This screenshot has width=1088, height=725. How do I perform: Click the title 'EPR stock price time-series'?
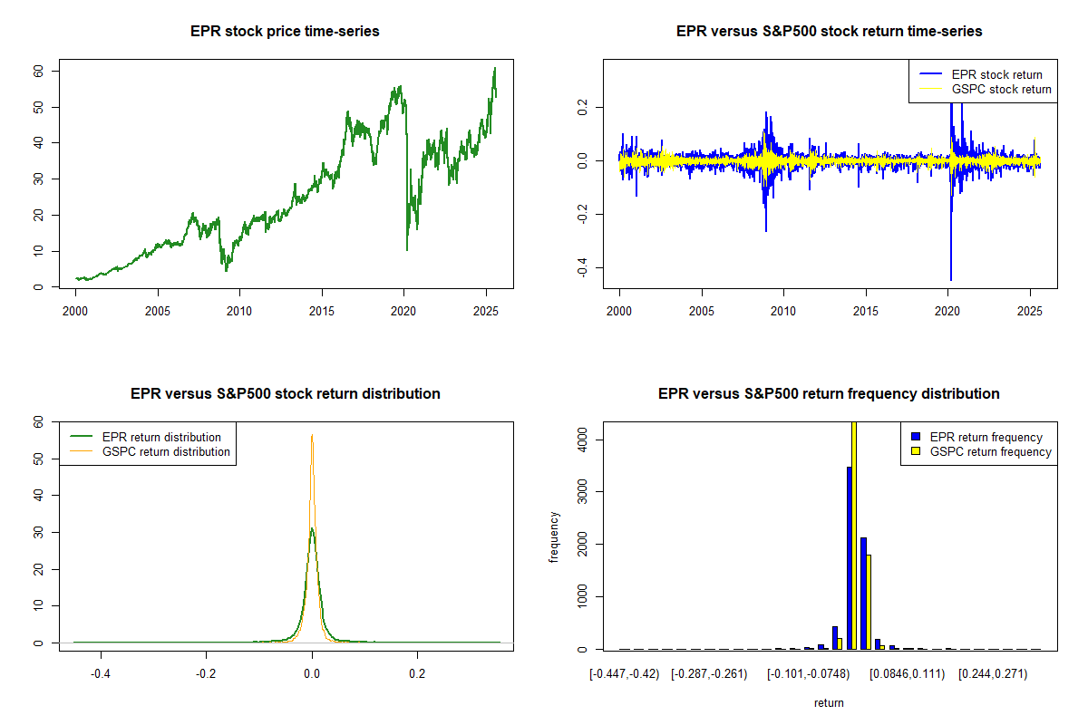point(285,32)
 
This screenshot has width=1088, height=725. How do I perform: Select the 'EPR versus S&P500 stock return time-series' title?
point(829,32)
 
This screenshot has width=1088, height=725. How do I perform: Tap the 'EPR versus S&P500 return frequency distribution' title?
point(829,394)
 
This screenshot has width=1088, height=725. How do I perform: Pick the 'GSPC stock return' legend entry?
point(1001,89)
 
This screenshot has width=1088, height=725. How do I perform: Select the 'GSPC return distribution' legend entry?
point(167,451)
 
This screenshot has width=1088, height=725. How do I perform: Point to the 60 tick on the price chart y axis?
point(39,71)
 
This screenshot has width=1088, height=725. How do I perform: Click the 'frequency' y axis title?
point(554,536)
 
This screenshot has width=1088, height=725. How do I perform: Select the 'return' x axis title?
point(829,702)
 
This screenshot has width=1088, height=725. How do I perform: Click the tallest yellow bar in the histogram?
point(853,535)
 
